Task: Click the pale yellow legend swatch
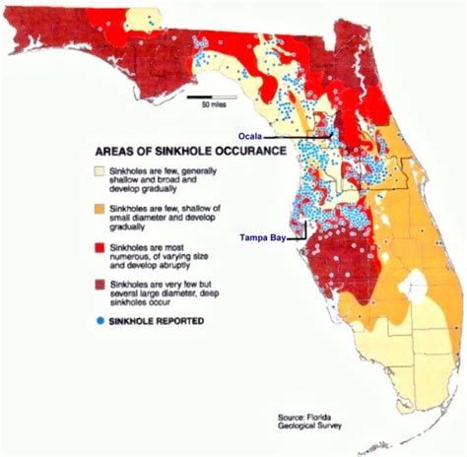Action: (x=100, y=173)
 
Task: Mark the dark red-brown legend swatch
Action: (x=100, y=284)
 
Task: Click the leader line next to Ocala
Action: (x=300, y=137)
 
